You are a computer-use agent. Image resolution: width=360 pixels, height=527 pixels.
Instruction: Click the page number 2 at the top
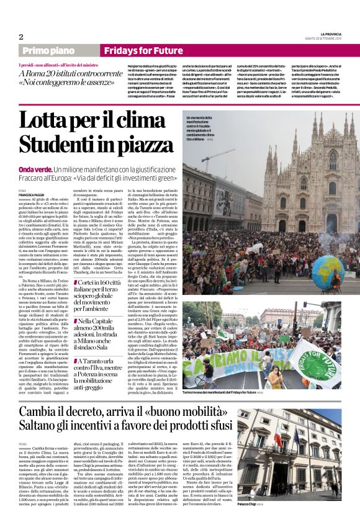pyautogui.click(x=20, y=36)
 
